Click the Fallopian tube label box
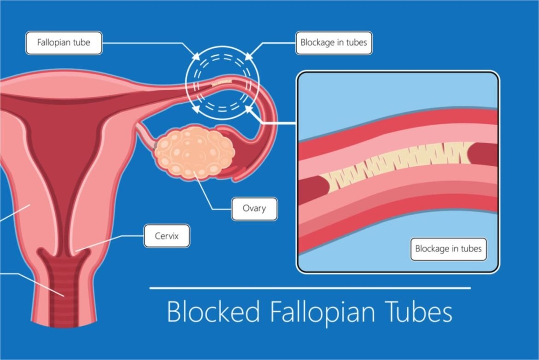pos(64,43)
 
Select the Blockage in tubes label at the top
pos(334,43)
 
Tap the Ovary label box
pos(254,209)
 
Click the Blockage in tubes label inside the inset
pos(448,249)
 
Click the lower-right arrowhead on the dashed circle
pos(249,109)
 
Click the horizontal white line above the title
pos(310,288)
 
